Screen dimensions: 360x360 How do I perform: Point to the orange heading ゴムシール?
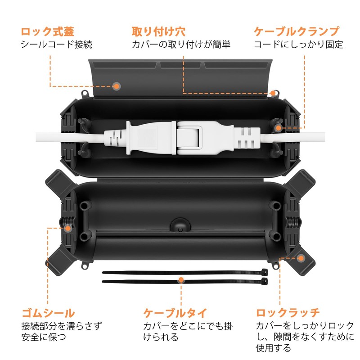coord(48,312)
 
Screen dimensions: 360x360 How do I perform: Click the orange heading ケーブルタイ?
coord(175,312)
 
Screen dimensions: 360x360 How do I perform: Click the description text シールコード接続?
coord(56,45)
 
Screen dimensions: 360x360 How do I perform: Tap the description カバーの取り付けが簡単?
coord(181,45)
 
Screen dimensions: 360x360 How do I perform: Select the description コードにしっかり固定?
coord(298,45)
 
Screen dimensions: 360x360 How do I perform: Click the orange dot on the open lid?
coord(116,85)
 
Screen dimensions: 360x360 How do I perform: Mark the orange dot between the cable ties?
coord(181,280)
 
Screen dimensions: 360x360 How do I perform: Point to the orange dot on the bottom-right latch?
coord(301,258)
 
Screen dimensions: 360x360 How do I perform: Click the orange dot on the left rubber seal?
coord(67,228)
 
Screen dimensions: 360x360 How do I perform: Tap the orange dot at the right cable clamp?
coord(279,128)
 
